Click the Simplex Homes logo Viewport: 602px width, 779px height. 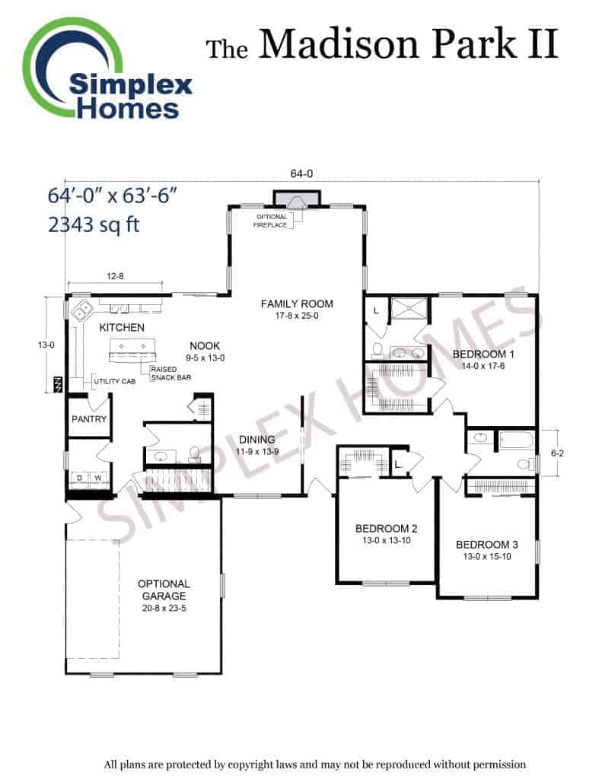[x=107, y=69]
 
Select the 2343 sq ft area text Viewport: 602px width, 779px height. [x=94, y=224]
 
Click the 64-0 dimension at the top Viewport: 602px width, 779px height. [x=301, y=173]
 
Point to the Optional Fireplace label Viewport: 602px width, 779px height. [x=271, y=221]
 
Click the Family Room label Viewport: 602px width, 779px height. [x=297, y=304]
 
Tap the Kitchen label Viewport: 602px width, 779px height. [x=122, y=327]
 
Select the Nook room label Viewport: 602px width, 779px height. [x=205, y=346]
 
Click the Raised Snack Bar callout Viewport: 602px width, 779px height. [x=170, y=374]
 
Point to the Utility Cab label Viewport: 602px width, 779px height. [x=114, y=382]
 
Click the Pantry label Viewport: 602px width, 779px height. [x=89, y=419]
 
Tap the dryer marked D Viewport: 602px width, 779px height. [x=80, y=478]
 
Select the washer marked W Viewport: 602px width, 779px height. [x=98, y=478]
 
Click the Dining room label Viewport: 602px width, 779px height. [x=257, y=439]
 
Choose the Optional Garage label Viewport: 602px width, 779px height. [x=164, y=590]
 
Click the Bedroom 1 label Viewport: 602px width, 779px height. [x=483, y=355]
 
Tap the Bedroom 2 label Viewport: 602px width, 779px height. [x=387, y=529]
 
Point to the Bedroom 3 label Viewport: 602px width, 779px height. [x=487, y=545]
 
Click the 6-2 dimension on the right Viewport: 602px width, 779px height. [x=558, y=453]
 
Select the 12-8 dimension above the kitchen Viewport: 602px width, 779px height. [x=116, y=276]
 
